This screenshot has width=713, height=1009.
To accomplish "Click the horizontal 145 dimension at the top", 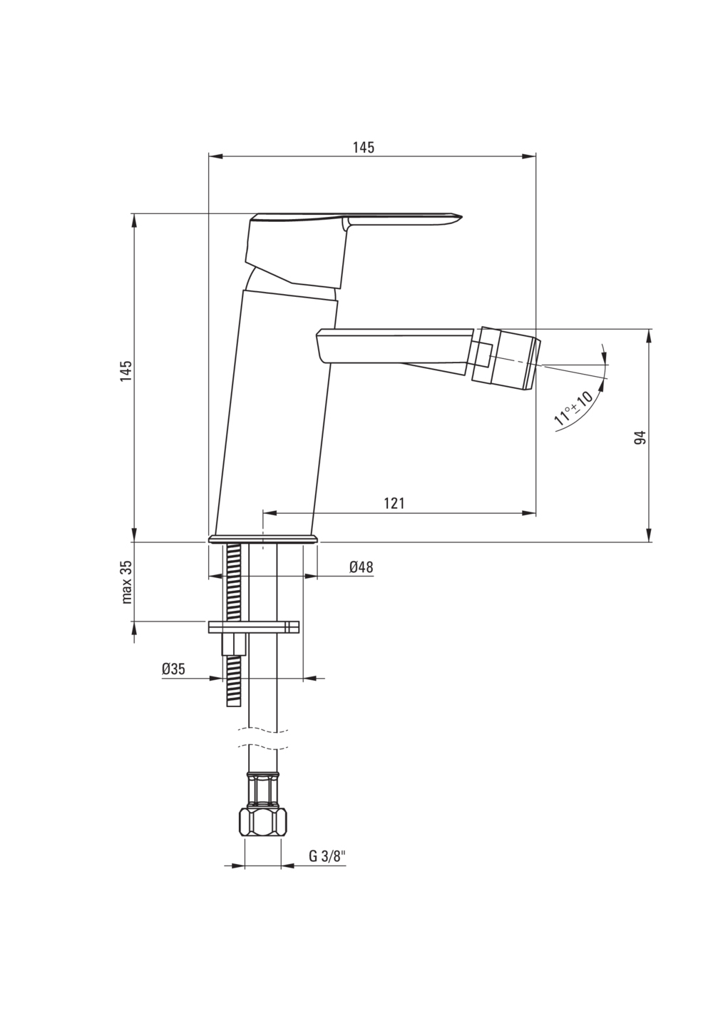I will [363, 148].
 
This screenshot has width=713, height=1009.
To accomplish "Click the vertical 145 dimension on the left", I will [126, 372].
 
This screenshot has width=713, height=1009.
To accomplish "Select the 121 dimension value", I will [394, 503].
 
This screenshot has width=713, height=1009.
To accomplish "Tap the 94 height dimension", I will [640, 437].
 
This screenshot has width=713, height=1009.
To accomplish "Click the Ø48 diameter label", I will [361, 567].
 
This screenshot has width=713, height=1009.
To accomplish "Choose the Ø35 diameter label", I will [173, 669].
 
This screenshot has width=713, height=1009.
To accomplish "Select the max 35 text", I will [126, 582].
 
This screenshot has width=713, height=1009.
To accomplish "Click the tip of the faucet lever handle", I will [456, 215].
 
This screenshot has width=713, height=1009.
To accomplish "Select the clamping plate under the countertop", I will [253, 627].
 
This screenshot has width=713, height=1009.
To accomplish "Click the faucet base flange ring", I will [262, 539].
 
